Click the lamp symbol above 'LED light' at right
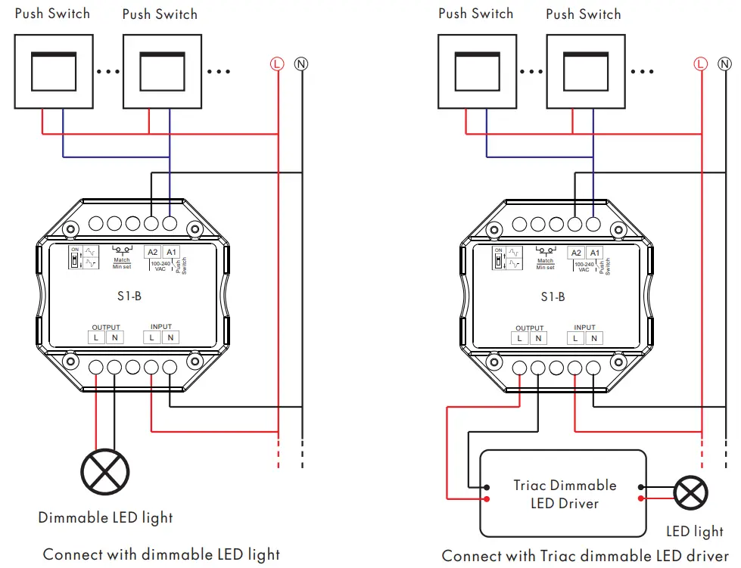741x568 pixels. (691, 493)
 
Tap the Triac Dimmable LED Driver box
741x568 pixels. (564, 493)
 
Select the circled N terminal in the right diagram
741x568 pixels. (724, 64)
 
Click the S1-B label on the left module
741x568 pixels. (129, 296)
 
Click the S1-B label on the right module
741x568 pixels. (553, 296)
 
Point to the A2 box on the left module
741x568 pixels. (152, 252)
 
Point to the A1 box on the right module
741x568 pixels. (595, 253)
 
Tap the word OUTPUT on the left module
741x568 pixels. (106, 327)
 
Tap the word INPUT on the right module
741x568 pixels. (584, 327)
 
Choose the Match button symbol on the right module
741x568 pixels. (545, 250)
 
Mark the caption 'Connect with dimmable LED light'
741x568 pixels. (161, 554)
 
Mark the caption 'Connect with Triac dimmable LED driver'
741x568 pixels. (585, 556)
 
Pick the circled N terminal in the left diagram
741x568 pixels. (301, 64)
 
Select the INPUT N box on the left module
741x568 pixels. (170, 337)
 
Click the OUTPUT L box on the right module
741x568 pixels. (519, 338)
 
